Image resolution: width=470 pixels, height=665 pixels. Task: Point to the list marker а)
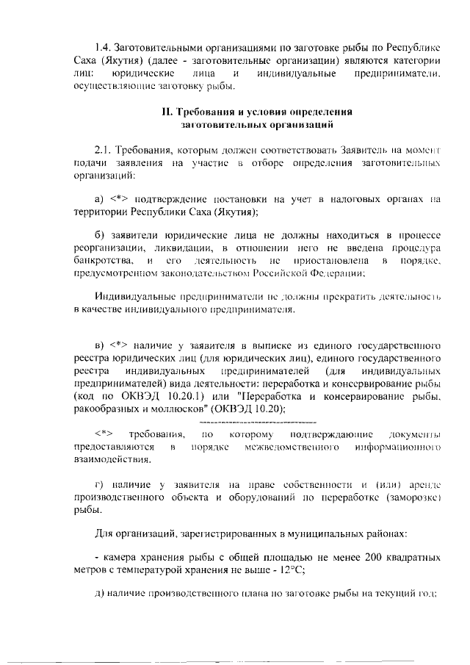101,198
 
